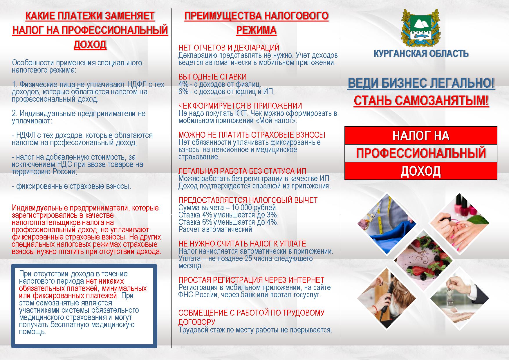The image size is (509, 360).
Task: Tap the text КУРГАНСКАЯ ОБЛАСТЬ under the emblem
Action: point(421,54)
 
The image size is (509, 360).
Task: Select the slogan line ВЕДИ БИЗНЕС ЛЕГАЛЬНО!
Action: point(421,84)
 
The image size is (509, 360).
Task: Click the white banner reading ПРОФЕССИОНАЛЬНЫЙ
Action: point(421,153)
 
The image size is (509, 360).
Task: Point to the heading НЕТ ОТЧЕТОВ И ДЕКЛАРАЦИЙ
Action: point(229,48)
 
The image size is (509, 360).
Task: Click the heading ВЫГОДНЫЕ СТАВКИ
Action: point(212,77)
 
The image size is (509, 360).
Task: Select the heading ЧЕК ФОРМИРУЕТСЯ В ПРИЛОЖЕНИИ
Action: point(240,106)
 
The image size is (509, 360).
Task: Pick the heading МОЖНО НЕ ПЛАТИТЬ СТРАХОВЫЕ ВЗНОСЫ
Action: point(252,135)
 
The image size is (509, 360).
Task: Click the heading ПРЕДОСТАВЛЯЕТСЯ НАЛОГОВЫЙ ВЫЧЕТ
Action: point(248,200)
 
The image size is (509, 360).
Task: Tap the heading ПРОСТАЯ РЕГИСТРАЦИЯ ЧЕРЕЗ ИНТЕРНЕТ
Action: point(251,280)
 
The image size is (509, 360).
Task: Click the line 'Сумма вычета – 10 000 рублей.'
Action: point(228,208)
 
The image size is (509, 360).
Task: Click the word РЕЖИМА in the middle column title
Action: point(256,30)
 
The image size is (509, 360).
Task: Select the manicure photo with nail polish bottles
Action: point(459,223)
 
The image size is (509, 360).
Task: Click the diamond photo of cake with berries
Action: point(423,259)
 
